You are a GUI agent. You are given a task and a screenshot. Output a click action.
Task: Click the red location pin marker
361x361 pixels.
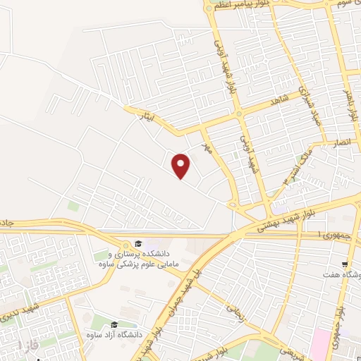[x=181, y=166]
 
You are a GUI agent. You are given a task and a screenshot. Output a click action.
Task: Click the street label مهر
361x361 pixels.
[x=207, y=149]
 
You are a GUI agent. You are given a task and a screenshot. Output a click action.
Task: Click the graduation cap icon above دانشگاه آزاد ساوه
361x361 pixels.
[x=114, y=324]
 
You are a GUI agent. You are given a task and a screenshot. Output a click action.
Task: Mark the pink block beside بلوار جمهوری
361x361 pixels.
[x=321, y=339]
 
